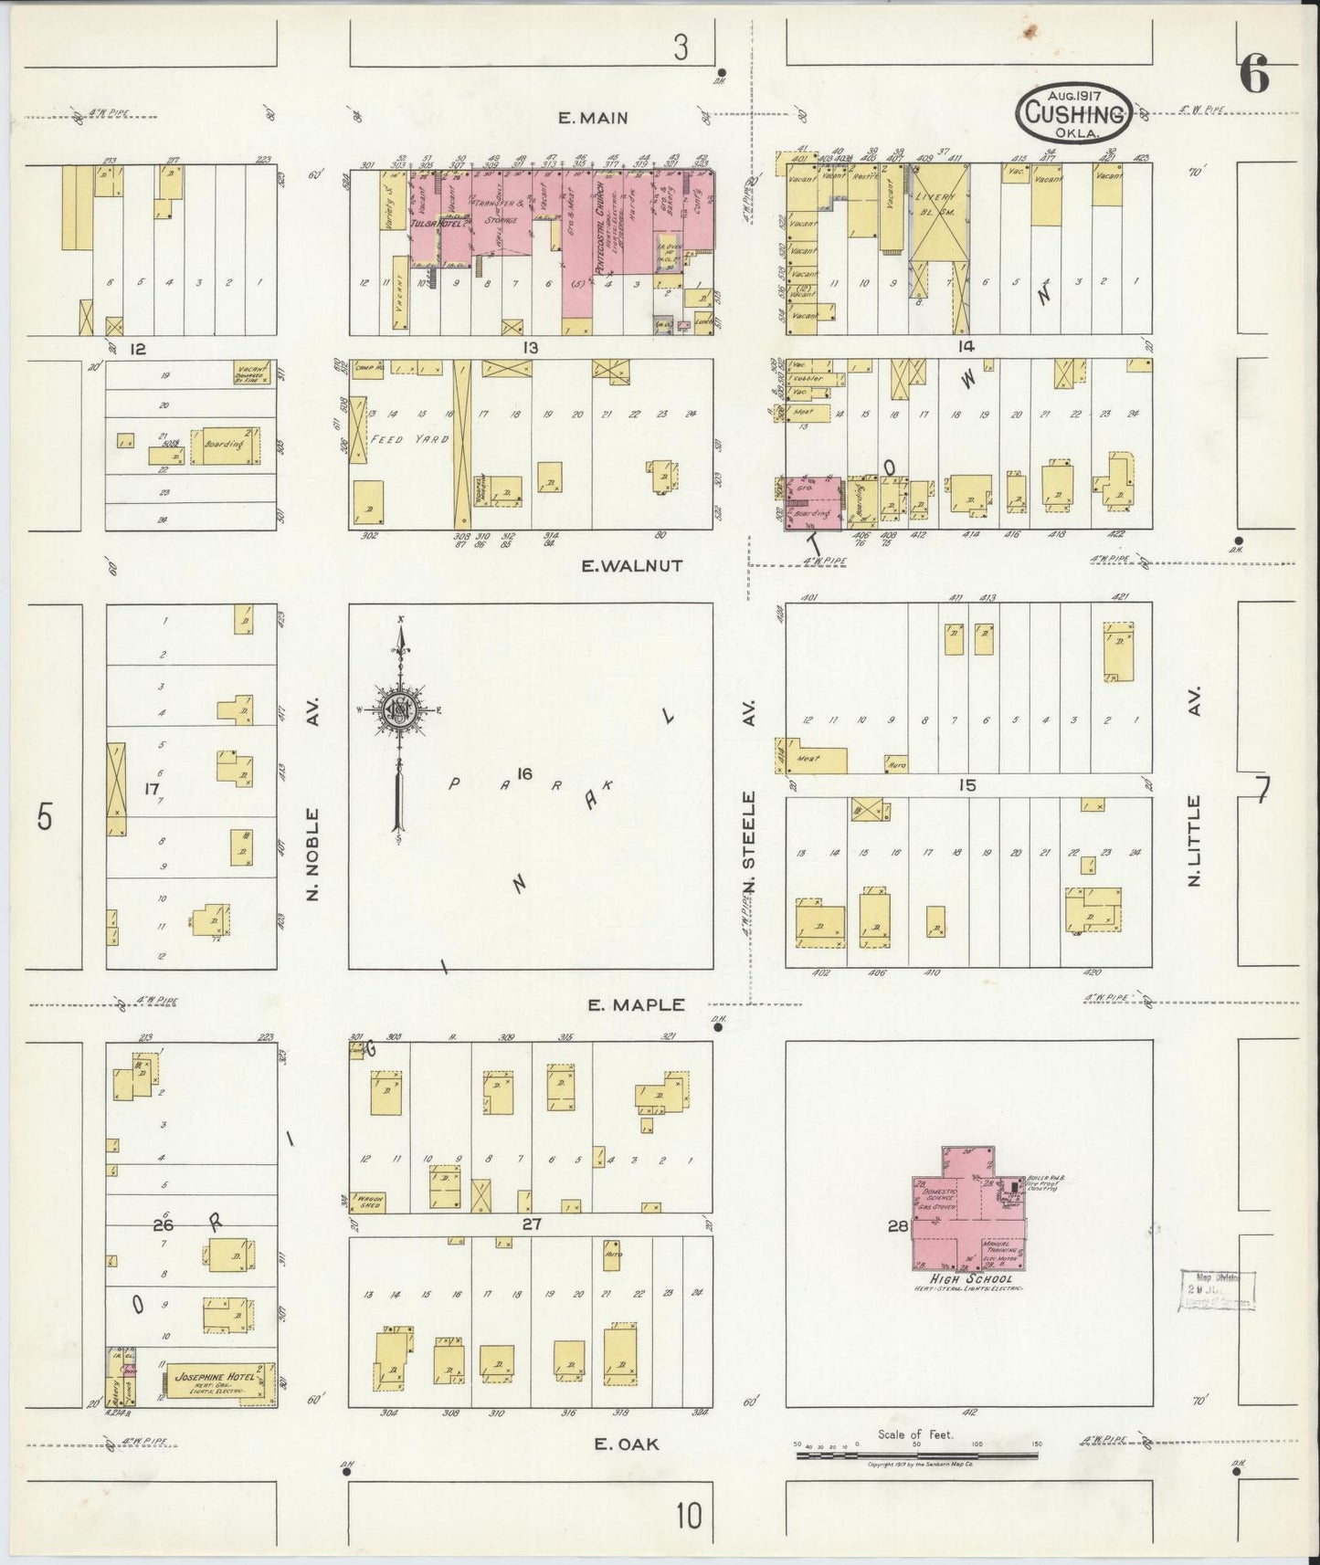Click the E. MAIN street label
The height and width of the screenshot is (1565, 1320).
(x=595, y=117)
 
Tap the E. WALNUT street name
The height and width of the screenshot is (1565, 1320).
(x=633, y=565)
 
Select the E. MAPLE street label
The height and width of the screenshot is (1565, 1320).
(x=636, y=1004)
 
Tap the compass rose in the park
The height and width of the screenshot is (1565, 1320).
(x=399, y=712)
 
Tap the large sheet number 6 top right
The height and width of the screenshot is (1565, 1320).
(x=1255, y=74)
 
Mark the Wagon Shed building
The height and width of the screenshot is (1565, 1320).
(x=369, y=1202)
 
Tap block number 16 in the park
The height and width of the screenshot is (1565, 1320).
(x=523, y=773)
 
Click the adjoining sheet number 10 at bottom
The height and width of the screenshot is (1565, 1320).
(x=689, y=1517)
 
